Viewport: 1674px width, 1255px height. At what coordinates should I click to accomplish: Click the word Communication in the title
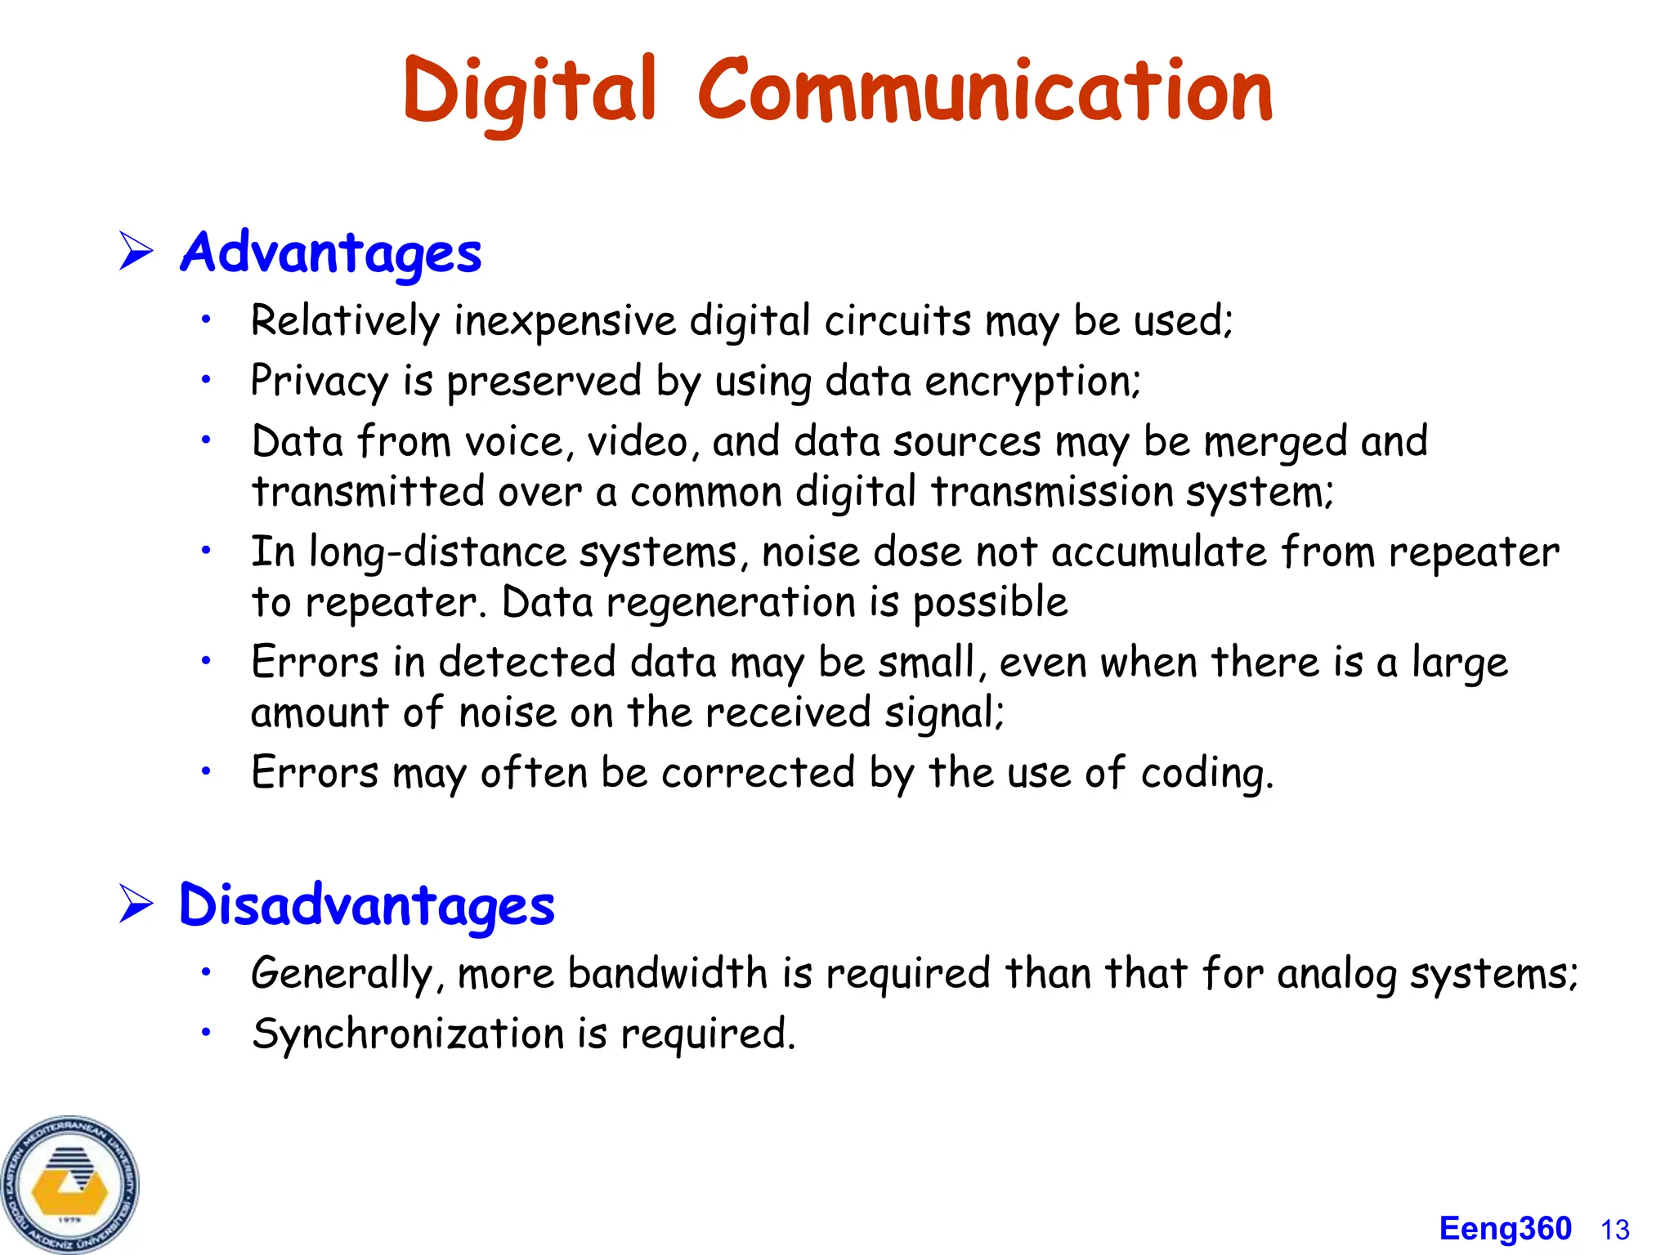click(985, 92)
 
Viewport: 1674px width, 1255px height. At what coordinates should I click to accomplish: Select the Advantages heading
click(330, 252)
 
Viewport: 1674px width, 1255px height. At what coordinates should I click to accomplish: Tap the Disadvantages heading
click(366, 905)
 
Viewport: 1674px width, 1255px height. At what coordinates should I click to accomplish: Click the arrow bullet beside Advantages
click(136, 251)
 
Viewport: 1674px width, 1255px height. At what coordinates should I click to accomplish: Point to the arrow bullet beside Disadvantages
click(136, 904)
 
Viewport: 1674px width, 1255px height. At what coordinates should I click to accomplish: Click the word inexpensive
click(565, 320)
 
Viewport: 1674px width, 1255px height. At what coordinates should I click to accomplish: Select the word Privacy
click(320, 382)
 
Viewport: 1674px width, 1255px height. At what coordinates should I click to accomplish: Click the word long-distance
click(437, 552)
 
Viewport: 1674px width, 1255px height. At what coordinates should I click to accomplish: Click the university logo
click(70, 1184)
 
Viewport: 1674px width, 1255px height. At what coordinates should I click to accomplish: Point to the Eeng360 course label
click(1505, 1229)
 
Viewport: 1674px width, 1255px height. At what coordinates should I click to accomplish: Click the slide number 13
click(1615, 1230)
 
